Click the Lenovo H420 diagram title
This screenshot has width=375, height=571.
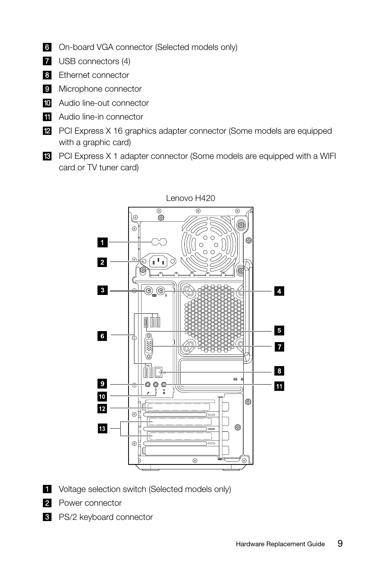coord(190,198)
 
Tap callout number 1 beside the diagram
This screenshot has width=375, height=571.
coord(102,243)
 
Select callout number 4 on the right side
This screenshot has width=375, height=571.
coord(279,291)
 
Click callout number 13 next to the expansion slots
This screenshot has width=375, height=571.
coord(102,429)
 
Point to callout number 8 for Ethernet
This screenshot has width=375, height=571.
coord(279,371)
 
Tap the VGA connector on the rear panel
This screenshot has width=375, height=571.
coord(149,346)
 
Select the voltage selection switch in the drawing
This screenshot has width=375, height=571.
coord(159,242)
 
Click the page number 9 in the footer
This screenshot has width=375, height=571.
coord(340,543)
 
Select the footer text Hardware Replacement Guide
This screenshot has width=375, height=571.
coord(280,544)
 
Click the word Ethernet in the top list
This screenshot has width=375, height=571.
coord(75,75)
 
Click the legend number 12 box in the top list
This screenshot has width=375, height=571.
coord(47,131)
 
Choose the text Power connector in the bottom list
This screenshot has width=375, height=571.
coord(90,503)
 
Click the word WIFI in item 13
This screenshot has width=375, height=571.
coord(328,156)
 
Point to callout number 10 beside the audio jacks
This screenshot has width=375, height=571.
coord(102,396)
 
